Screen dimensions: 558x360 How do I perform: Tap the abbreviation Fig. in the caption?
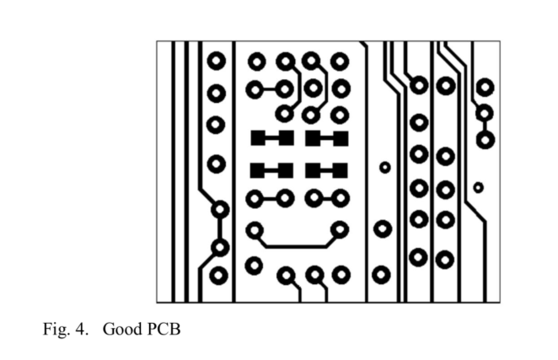pos(54,328)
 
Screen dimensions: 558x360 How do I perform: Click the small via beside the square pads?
pos(385,167)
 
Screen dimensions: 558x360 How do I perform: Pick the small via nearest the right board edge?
pos(478,186)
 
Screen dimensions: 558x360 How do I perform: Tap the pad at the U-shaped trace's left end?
pos(255,229)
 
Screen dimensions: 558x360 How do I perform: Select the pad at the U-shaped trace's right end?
pos(340,228)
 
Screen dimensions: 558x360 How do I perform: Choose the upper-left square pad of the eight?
pos(259,137)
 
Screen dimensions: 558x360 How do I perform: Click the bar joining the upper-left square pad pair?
pos(271,137)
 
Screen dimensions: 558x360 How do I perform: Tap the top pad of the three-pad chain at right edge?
pos(485,87)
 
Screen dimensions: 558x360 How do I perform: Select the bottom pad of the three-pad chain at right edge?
pos(485,138)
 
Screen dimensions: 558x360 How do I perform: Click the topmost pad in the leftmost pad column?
pos(217,61)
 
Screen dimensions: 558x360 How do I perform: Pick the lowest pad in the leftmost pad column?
pos(218,275)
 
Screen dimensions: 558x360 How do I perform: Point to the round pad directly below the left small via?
pos(383,229)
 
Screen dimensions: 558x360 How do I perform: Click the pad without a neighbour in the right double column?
pos(419,122)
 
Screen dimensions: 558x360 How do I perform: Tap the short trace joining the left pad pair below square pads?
pos(270,199)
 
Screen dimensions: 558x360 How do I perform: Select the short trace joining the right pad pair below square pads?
pos(326,199)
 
